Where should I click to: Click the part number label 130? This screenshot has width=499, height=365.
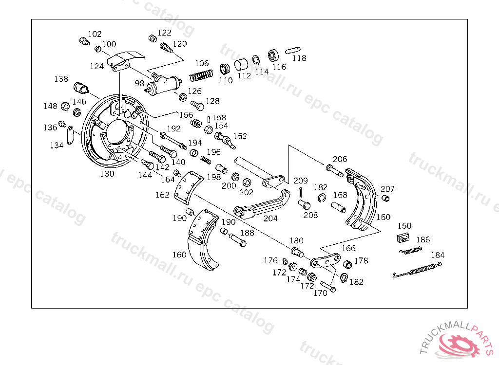pyautogui.click(x=107, y=174)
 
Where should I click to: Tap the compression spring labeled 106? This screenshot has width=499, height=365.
pyautogui.click(x=201, y=75)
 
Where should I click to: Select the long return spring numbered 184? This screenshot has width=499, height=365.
pyautogui.click(x=417, y=270)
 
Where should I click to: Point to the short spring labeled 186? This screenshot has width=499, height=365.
pyautogui.click(x=410, y=251)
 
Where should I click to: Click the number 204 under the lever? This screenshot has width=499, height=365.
pyautogui.click(x=270, y=219)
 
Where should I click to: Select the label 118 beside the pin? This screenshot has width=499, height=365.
pyautogui.click(x=299, y=58)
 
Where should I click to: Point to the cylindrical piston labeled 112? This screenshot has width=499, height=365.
pyautogui.click(x=241, y=65)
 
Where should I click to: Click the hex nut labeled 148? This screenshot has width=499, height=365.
pyautogui.click(x=65, y=106)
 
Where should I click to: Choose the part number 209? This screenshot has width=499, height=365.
pyautogui.click(x=300, y=181)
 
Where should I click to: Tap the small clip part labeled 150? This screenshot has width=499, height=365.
pyautogui.click(x=403, y=237)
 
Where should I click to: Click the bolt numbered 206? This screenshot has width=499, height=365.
pyautogui.click(x=334, y=170)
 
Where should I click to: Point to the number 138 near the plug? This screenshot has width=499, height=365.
pyautogui.click(x=61, y=79)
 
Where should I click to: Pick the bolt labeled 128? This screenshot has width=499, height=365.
pyautogui.click(x=197, y=105)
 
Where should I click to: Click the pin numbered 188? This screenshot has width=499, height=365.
pyautogui.click(x=238, y=240)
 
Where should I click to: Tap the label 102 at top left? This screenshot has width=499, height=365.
pyautogui.click(x=95, y=34)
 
